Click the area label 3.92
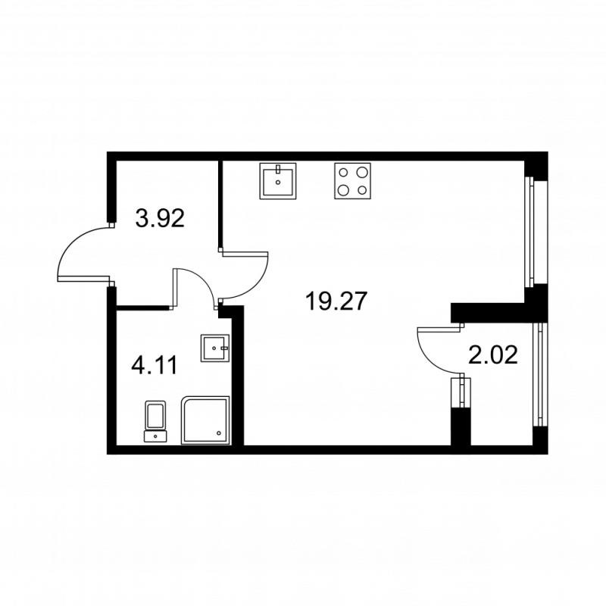tap(160, 219)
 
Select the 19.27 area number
tap(336, 301)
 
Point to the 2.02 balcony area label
tap(493, 355)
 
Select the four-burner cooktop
tap(353, 182)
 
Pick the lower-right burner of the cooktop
tap(362, 190)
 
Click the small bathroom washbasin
tap(215, 349)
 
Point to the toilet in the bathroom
tap(156, 421)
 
